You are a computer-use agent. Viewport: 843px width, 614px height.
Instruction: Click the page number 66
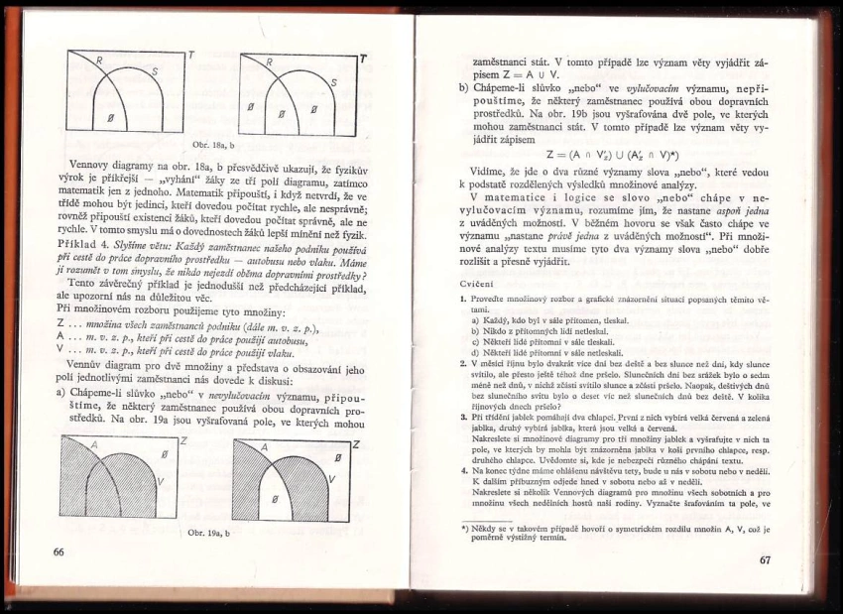(59, 552)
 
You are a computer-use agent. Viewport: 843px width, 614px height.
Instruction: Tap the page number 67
(765, 560)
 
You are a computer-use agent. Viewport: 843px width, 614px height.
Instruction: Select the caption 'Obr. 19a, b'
(209, 533)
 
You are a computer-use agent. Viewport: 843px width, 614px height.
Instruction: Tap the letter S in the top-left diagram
(154, 71)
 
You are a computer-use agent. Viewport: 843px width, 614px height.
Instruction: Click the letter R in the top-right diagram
(270, 63)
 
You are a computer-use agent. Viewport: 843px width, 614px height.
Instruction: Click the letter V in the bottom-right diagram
(332, 479)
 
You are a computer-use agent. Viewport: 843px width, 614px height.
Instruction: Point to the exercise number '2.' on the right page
(463, 364)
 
